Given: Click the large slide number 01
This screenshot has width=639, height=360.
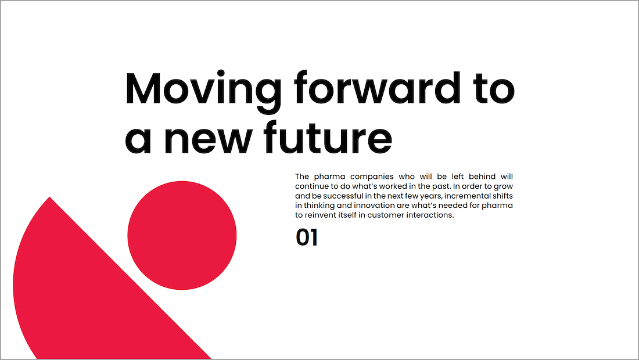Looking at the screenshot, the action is point(307,237).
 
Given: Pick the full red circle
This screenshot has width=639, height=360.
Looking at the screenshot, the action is point(182,235).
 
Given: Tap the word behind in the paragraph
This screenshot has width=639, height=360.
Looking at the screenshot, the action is point(482,177).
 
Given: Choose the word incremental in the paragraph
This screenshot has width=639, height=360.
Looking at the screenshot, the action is point(467,196).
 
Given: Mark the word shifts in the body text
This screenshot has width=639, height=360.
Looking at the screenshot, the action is point(502,196).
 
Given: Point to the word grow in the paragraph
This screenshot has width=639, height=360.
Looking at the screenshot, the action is point(503,186).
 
